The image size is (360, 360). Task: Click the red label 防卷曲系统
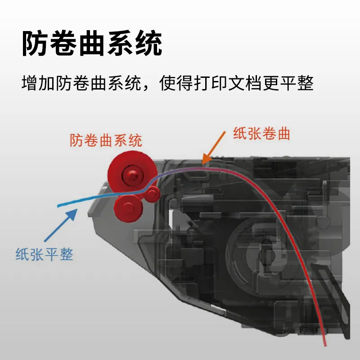106,140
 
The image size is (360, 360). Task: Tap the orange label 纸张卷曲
261,134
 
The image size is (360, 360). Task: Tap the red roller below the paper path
127,207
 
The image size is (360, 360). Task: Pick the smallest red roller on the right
153,194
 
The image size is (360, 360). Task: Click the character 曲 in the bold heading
92,44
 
